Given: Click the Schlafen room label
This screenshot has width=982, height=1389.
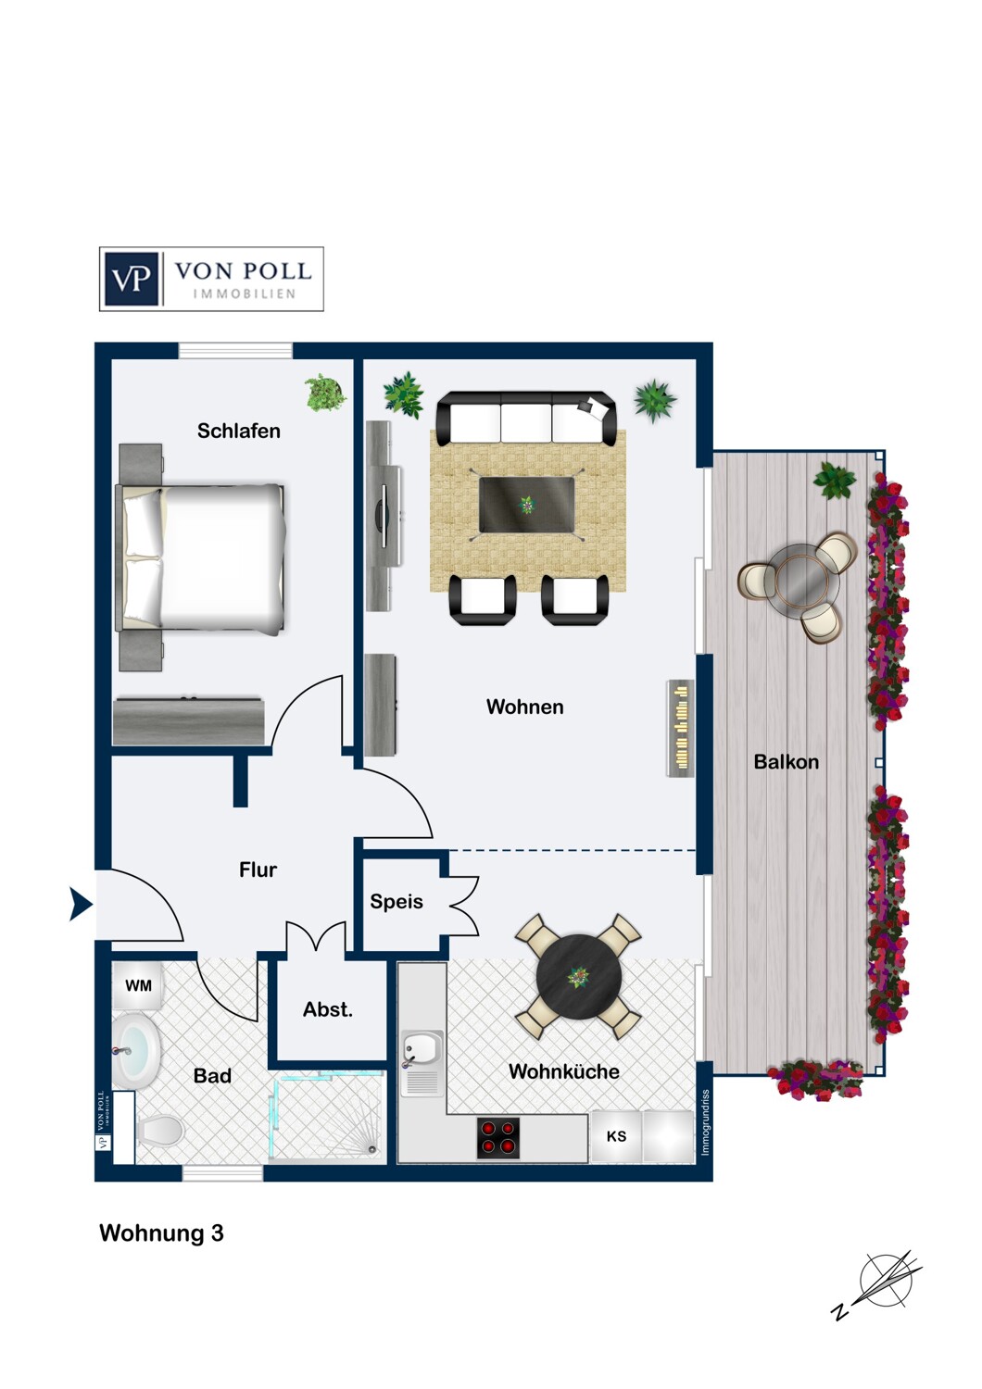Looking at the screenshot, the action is click(x=239, y=431).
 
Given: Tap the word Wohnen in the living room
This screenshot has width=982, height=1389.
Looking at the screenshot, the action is click(x=524, y=707).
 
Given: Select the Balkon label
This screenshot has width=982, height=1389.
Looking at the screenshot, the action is click(x=786, y=761).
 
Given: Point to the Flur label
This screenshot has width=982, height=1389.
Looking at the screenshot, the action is click(x=258, y=870).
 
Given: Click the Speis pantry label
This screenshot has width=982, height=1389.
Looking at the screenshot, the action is click(x=397, y=902).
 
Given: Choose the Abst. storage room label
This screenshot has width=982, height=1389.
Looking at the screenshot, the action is click(x=328, y=1009).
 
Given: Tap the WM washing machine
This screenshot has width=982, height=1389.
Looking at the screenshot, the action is click(x=138, y=985).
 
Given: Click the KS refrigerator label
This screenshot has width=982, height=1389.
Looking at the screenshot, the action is click(x=616, y=1136).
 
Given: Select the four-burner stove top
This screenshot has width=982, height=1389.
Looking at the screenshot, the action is click(x=498, y=1138).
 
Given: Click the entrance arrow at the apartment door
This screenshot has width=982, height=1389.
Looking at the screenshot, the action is click(x=81, y=904).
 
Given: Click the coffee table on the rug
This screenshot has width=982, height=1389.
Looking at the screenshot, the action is click(x=527, y=505).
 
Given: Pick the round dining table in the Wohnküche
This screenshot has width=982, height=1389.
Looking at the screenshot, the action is click(x=578, y=977).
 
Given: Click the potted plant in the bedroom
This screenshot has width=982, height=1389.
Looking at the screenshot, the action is click(x=325, y=392).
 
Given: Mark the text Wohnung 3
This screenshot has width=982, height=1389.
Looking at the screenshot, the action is click(x=161, y=1233).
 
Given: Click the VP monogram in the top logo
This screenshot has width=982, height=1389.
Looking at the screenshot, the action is click(x=132, y=279).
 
